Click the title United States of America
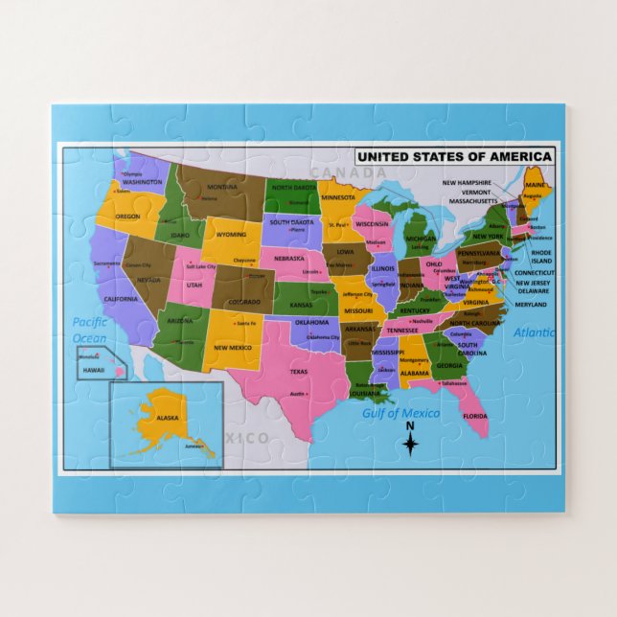coord(454,157)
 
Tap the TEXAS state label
coord(299,372)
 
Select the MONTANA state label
coord(222,187)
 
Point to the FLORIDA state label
coord(475,416)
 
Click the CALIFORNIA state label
coord(121,299)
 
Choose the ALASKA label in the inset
coord(168,418)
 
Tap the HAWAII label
coord(93,370)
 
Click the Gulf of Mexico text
coord(401,413)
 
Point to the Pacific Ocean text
coord(90,330)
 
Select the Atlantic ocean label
coord(534,333)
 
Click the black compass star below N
coord(410,444)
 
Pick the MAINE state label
coord(535,184)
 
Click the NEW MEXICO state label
coord(233,348)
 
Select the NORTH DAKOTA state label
coord(293,188)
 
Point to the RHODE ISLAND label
coord(541,256)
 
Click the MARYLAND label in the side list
coord(531,305)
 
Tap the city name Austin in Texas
coord(298,394)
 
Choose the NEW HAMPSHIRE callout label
coord(467,182)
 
